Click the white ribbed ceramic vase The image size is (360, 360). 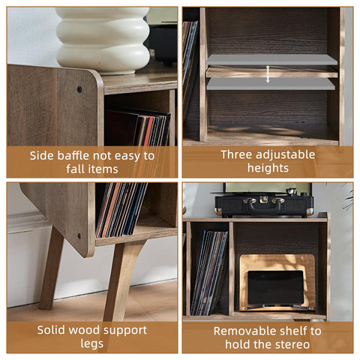(x=103, y=40)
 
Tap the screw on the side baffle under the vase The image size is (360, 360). (x=79, y=89)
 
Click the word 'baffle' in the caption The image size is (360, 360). (x=73, y=156)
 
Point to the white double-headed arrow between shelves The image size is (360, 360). (x=268, y=74)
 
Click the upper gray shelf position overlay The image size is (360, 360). (x=271, y=60)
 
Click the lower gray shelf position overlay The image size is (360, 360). (x=271, y=84)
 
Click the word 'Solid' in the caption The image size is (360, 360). (x=51, y=330)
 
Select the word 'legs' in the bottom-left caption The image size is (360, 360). (x=91, y=344)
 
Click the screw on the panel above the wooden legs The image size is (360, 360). (x=79, y=235)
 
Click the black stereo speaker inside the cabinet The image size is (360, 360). (x=276, y=287)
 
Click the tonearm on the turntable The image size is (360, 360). (x=294, y=192)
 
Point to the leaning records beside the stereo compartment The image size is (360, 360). (x=208, y=273)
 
